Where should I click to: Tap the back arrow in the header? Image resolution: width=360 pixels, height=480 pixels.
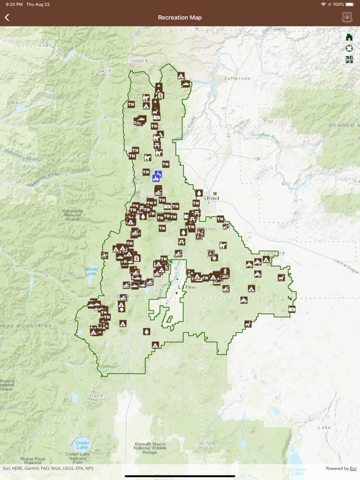click(7, 17)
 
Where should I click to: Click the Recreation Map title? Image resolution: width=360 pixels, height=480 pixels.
click(180, 17)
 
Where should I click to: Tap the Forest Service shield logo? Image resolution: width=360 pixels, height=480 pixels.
click(347, 17)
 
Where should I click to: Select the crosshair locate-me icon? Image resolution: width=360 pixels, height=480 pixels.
click(349, 48)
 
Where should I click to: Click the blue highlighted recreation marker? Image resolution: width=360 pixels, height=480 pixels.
click(157, 177)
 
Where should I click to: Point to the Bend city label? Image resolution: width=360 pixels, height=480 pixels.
click(213, 198)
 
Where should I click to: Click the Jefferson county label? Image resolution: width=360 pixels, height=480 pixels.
click(237, 78)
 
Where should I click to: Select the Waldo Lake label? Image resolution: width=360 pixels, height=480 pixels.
click(91, 271)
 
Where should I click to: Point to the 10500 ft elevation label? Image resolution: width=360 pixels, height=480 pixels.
click(138, 60)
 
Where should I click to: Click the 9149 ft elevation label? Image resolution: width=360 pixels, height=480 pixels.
click(95, 396)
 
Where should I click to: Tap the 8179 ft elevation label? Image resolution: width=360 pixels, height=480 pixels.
click(208, 444)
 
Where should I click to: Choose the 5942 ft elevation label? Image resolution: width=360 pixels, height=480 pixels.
click(104, 71)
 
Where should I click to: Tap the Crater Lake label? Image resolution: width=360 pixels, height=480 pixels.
click(82, 445)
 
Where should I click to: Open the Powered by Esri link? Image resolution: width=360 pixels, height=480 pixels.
click(341, 468)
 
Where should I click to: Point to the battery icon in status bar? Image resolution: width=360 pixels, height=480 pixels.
click(350, 4)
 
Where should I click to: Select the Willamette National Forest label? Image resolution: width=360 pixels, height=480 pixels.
click(72, 215)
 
